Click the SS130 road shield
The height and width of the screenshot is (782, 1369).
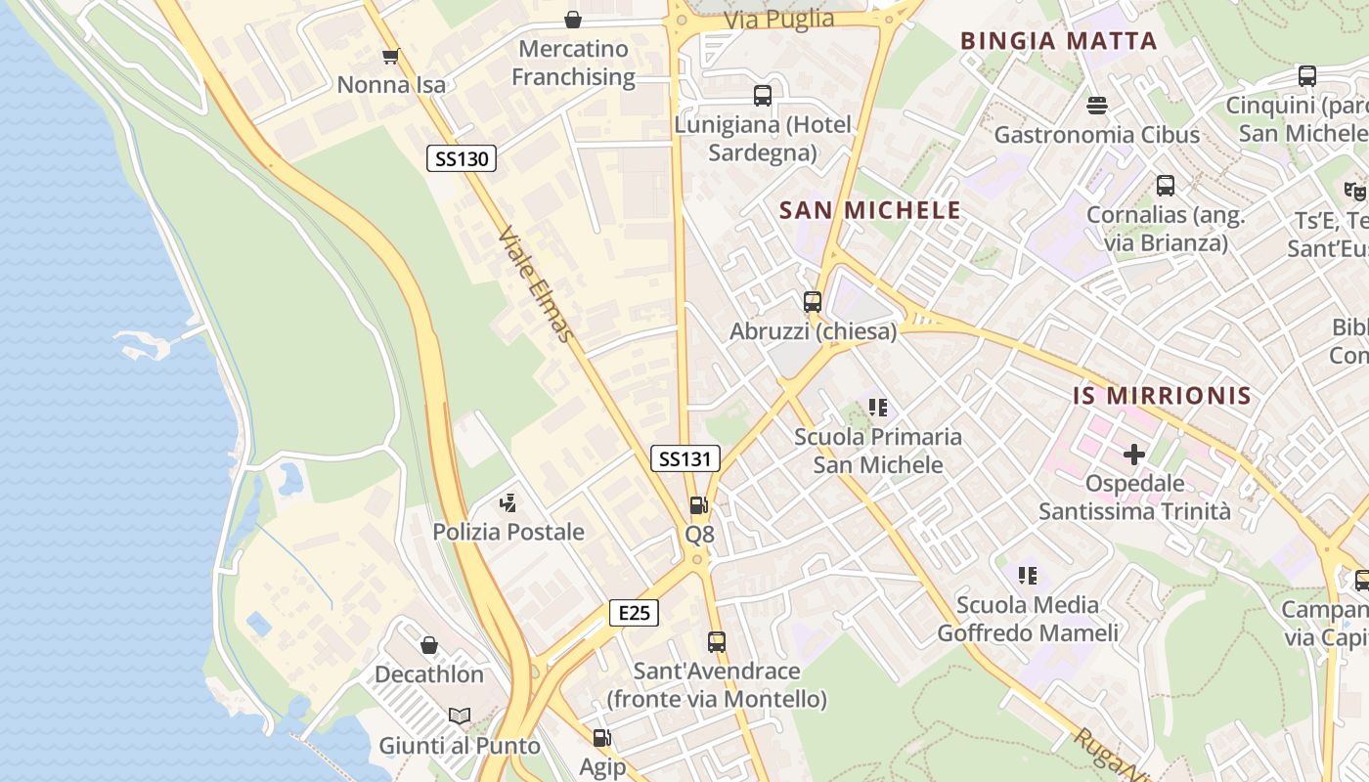(x=462, y=158)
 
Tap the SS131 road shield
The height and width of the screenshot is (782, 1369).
(x=685, y=458)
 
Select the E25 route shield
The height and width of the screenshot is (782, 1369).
(x=634, y=613)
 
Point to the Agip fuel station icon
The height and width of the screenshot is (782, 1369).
(x=602, y=738)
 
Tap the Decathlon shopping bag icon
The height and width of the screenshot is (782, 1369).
(x=428, y=645)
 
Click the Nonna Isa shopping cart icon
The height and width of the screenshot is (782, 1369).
(x=390, y=56)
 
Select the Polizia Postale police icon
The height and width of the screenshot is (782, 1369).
(x=508, y=503)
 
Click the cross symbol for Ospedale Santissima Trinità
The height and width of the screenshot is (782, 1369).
(x=1134, y=455)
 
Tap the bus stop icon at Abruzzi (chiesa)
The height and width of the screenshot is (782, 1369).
(x=813, y=302)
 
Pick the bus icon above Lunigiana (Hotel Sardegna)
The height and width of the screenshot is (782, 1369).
(x=763, y=96)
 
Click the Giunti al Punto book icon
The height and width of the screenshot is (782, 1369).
(x=460, y=717)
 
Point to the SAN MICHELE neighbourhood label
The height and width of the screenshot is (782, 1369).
(x=869, y=210)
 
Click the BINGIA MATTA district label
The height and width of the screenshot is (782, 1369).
(x=1058, y=41)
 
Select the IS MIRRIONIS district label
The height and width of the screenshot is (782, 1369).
(x=1162, y=395)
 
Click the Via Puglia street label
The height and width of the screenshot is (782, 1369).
(x=779, y=20)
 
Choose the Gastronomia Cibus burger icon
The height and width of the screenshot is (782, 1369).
(x=1096, y=105)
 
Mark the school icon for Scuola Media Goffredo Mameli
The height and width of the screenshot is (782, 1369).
(x=1027, y=576)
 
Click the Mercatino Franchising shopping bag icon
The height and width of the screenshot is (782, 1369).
(x=573, y=20)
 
